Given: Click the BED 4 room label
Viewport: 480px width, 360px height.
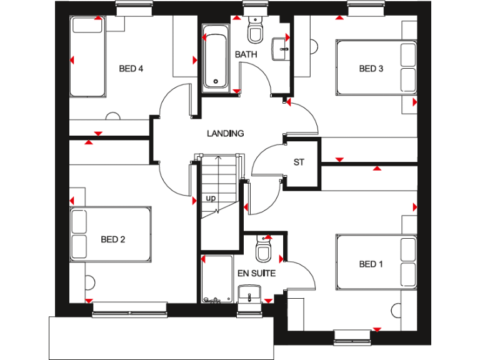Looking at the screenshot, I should pyautogui.click(x=131, y=69).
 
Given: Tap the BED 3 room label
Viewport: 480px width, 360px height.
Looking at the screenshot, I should pyautogui.click(x=371, y=69).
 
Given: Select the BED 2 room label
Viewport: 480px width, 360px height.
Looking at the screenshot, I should pyautogui.click(x=113, y=239).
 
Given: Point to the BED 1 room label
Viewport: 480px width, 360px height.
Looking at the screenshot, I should pyautogui.click(x=371, y=264).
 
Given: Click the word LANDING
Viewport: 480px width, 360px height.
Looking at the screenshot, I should pyautogui.click(x=225, y=133).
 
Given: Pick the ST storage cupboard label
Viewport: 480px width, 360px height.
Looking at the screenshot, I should pyautogui.click(x=299, y=162).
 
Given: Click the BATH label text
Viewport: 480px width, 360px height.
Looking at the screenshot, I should pyautogui.click(x=246, y=54).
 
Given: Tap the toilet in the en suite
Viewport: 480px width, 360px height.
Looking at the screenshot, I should pyautogui.click(x=263, y=251).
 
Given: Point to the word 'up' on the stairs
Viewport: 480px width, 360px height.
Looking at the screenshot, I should pyautogui.click(x=211, y=198).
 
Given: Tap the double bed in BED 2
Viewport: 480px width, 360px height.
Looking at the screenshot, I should pyautogui.click(x=110, y=234).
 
